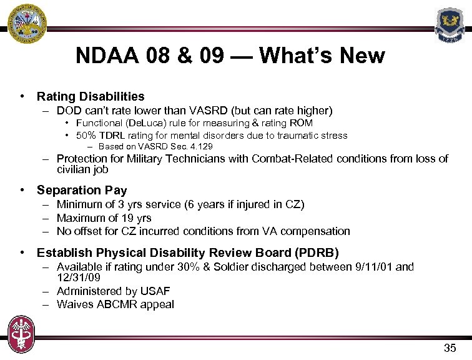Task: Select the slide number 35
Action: point(450,348)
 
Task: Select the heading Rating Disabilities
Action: point(91,97)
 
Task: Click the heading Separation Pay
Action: point(82,190)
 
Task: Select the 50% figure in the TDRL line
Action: point(86,136)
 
